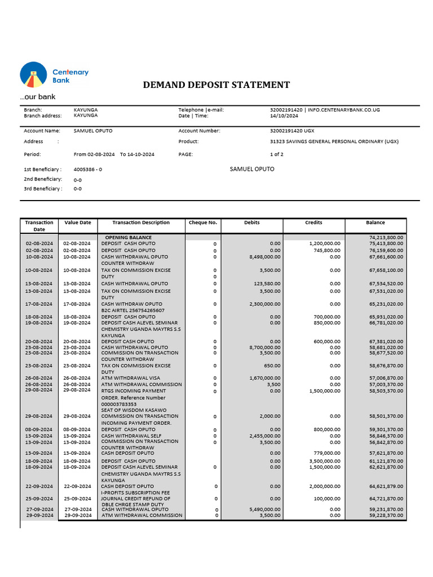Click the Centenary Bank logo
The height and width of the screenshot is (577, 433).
(54, 76)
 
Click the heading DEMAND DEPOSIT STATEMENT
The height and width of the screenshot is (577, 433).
(216, 85)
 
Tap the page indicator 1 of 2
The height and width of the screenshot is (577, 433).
(277, 154)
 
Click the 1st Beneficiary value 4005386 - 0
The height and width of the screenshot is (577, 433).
(88, 169)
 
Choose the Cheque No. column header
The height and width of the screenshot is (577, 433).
(203, 223)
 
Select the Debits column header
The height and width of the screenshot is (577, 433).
(251, 223)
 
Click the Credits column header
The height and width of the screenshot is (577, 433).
(313, 223)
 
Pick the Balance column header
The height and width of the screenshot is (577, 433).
(375, 223)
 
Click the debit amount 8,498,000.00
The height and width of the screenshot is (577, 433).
(264, 257)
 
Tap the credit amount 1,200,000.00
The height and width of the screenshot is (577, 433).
(325, 243)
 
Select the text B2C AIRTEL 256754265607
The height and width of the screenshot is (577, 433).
(133, 310)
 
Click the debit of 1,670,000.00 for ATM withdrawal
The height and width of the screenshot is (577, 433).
(264, 378)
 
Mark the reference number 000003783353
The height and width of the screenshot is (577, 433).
(119, 404)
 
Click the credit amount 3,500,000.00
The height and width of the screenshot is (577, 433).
(325, 461)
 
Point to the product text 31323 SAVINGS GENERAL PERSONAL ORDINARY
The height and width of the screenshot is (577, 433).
(334, 141)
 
